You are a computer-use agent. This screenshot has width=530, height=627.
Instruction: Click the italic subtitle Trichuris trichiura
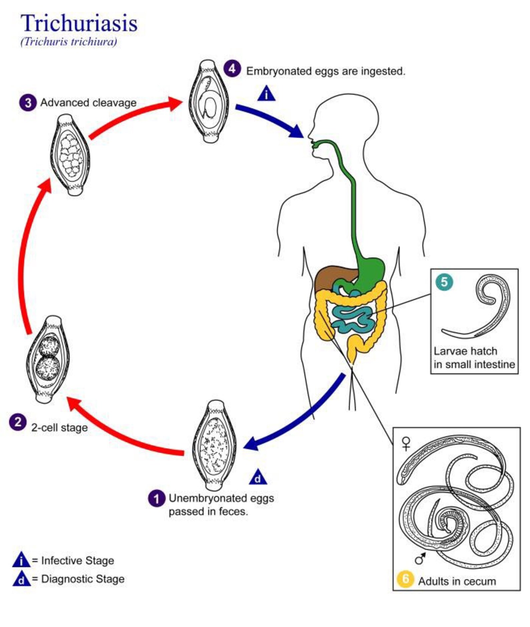coord(69,42)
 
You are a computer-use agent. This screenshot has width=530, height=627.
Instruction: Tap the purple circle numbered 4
coord(232,69)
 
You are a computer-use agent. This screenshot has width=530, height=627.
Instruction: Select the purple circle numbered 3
coord(28,102)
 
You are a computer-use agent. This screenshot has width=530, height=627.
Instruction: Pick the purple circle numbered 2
coord(18,422)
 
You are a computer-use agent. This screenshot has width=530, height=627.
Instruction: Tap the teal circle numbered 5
coord(444,282)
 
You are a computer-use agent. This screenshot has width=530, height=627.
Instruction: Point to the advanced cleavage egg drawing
coord(70,155)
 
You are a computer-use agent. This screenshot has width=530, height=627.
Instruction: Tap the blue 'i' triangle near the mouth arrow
coord(266,94)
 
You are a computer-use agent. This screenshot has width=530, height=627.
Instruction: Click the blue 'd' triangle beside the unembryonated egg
coord(258,478)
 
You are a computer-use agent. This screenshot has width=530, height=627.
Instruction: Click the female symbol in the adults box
coord(406,443)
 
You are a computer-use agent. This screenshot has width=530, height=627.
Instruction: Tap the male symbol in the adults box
coord(420,558)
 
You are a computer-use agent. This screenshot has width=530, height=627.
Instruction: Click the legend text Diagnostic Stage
coord(83,579)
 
